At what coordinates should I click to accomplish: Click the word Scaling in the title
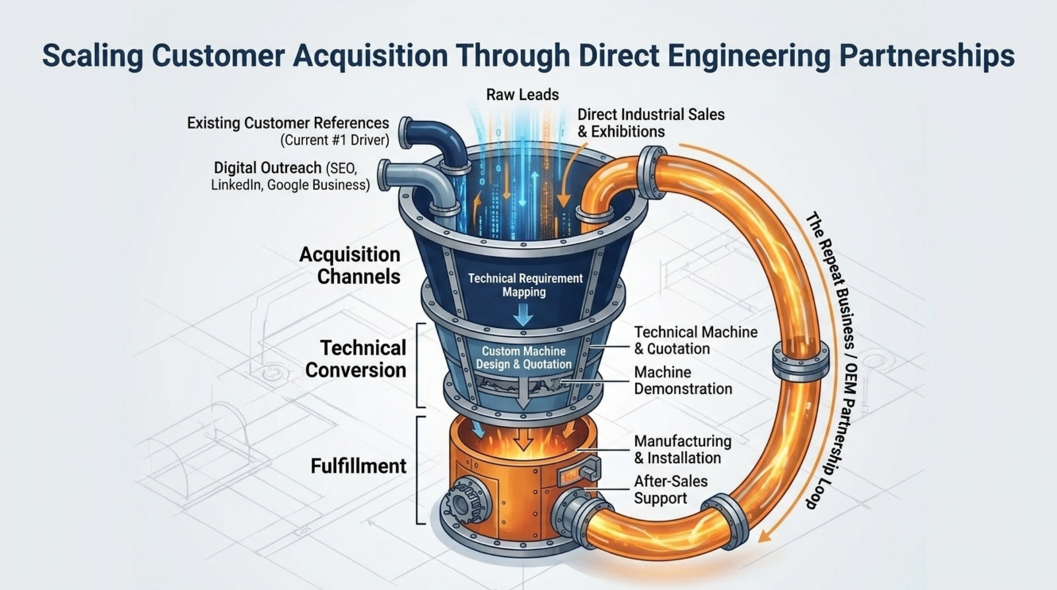point(92,56)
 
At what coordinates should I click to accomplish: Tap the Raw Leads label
point(523,95)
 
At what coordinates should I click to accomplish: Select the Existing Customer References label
point(288,123)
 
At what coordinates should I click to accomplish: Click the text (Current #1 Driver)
point(335,140)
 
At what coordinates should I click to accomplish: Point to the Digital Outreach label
point(268,168)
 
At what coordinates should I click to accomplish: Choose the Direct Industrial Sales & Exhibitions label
point(651,123)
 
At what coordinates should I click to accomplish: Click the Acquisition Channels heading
point(349,265)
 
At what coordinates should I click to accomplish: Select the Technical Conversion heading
point(356,359)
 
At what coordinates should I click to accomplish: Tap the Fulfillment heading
point(358,466)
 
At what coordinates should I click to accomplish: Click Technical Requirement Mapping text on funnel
point(525,285)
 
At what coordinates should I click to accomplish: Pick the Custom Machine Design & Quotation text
point(524,358)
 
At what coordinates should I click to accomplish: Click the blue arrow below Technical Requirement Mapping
point(523,315)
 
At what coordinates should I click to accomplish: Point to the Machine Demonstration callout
point(683,381)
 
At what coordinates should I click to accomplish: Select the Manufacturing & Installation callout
point(682,449)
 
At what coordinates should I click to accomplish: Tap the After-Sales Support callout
point(671,490)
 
